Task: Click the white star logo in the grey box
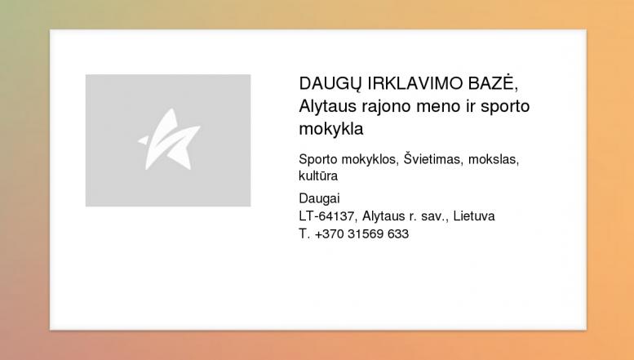pos(169,139)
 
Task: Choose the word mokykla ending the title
pos(331,129)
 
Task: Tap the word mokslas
pos(492,159)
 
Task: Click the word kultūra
pos(318,176)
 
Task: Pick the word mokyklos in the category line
pos(370,160)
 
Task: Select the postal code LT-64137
pos(326,216)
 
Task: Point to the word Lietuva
pos(474,216)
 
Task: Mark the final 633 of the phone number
pos(398,233)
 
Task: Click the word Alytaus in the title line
pos(327,107)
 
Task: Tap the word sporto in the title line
pos(505,108)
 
